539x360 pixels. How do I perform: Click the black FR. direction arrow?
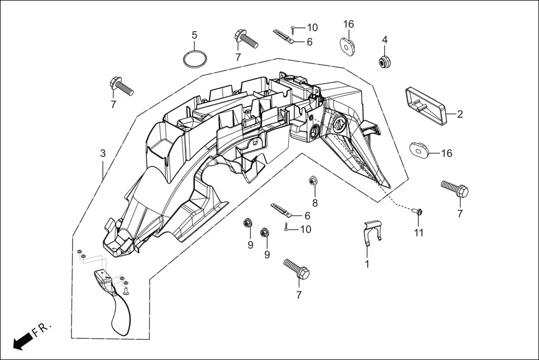(x=22, y=340)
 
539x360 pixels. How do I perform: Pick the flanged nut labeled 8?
(x=313, y=181)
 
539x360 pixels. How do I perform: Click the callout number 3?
(x=103, y=153)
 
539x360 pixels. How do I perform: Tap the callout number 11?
(x=419, y=232)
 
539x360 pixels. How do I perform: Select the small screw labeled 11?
(x=418, y=212)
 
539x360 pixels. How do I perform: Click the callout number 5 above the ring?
(x=194, y=35)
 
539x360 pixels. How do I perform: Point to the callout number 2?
(x=460, y=115)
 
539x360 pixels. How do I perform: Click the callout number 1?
(x=367, y=264)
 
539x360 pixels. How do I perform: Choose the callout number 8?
(x=315, y=203)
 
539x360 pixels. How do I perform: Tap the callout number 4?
(x=384, y=40)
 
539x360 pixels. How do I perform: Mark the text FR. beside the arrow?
(x=42, y=330)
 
